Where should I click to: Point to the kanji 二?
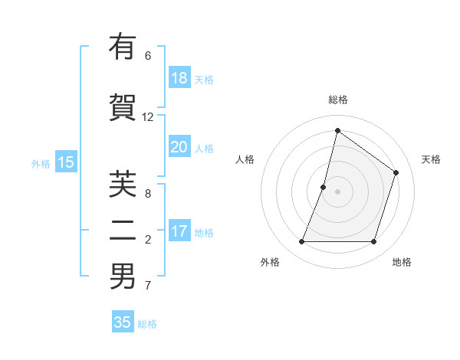[x=123, y=231]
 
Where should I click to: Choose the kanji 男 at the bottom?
[x=123, y=277]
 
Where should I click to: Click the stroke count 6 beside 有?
[x=148, y=56]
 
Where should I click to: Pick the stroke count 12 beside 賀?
[x=148, y=117]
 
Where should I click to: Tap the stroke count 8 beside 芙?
[x=148, y=194]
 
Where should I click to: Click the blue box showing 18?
[x=179, y=78]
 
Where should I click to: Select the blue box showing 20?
[x=179, y=147]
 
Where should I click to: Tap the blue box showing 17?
[x=179, y=231]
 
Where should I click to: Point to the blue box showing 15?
[x=66, y=162]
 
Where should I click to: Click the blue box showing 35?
[x=123, y=322]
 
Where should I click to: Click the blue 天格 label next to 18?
[x=204, y=79]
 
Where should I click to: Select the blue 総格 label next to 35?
[x=147, y=324]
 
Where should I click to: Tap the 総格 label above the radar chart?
[x=338, y=100]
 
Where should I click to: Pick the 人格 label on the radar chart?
[x=245, y=159]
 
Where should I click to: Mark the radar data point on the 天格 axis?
[x=396, y=173]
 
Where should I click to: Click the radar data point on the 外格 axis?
[x=302, y=242]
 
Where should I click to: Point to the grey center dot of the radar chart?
[x=338, y=191]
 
